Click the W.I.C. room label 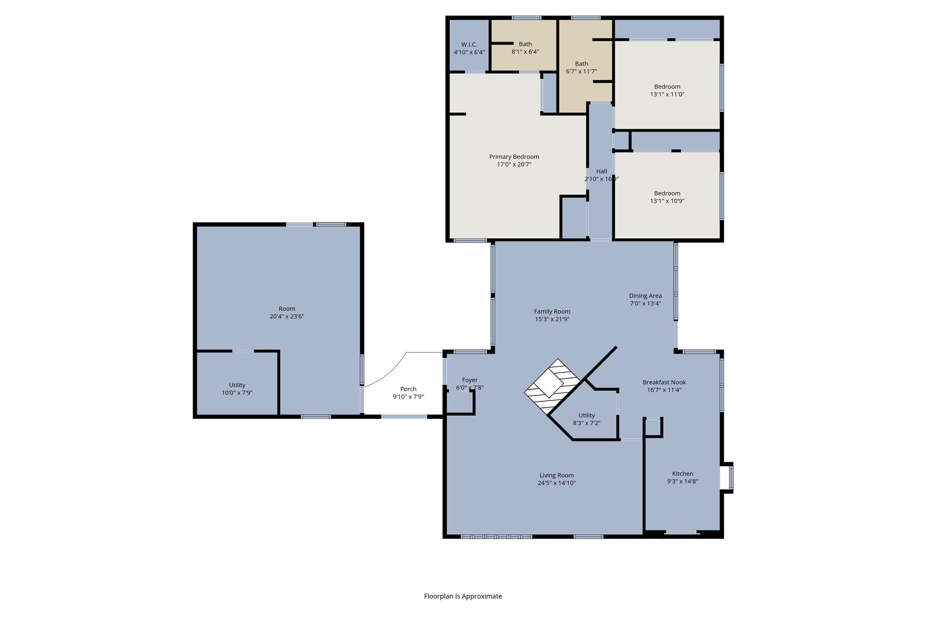click(x=469, y=44)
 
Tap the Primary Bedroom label click(x=514, y=157)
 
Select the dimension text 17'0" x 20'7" click(x=514, y=164)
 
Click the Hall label click(x=601, y=171)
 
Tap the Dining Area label click(x=645, y=296)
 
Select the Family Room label click(x=552, y=311)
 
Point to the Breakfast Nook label click(x=664, y=382)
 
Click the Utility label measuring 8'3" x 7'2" click(x=586, y=415)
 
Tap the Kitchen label click(x=682, y=473)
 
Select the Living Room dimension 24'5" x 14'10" click(x=556, y=483)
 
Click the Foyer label click(x=469, y=380)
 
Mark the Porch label click(x=408, y=389)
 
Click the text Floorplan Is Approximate click(x=463, y=596)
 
